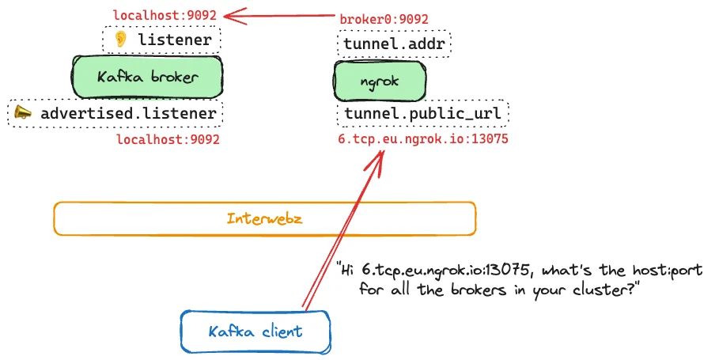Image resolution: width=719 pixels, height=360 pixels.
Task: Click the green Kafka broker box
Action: click(x=146, y=77)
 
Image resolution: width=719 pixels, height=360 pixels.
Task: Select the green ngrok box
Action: click(x=380, y=81)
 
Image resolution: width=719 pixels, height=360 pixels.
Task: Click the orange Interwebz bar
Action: click(x=264, y=218)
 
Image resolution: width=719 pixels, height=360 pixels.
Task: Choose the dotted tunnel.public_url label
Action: click(x=422, y=114)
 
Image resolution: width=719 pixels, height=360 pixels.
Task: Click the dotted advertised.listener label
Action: click(x=115, y=113)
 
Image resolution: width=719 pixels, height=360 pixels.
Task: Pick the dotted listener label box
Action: click(x=161, y=40)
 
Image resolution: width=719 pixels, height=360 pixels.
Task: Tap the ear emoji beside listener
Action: click(x=121, y=40)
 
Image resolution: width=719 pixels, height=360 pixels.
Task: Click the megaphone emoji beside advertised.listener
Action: click(x=24, y=113)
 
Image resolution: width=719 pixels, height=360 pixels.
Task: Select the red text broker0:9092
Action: click(x=384, y=19)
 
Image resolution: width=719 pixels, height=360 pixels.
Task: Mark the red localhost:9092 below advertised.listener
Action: click(x=168, y=139)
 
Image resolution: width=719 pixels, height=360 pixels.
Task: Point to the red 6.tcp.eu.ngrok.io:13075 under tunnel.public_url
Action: click(x=422, y=138)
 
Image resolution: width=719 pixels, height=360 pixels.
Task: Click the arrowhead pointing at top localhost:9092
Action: click(x=229, y=14)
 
